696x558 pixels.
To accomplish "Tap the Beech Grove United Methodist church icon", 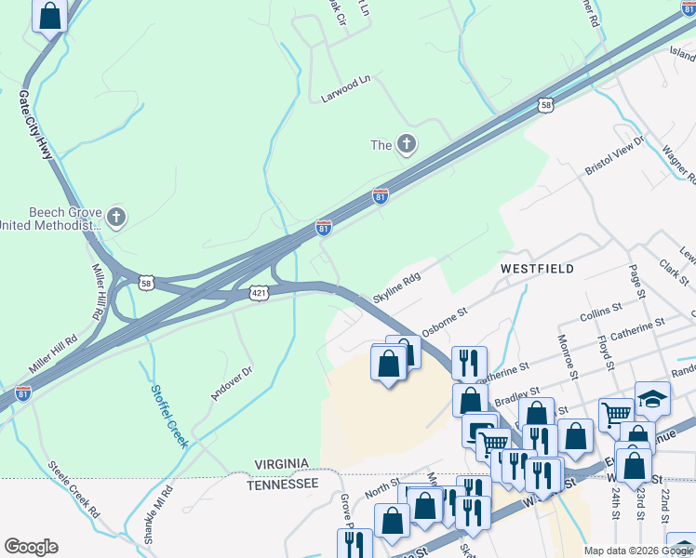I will (x=115, y=218).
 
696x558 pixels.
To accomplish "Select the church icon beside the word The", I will (x=406, y=144).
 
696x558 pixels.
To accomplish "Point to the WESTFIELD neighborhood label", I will (x=537, y=268).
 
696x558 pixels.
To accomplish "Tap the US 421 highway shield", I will (x=260, y=293).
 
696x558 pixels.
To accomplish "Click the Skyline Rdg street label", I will (x=397, y=288).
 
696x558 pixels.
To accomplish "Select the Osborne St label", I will (x=443, y=322).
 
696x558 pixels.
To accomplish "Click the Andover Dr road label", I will (x=232, y=382).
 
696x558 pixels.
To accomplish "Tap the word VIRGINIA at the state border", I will (x=283, y=464).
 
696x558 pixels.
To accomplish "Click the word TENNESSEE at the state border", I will (x=283, y=485).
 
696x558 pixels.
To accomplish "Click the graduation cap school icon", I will (x=652, y=398).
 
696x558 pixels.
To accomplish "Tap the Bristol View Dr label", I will (x=614, y=155).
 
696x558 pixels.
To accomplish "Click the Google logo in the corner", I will (x=31, y=547).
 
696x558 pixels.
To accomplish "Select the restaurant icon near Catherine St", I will (x=466, y=362).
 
